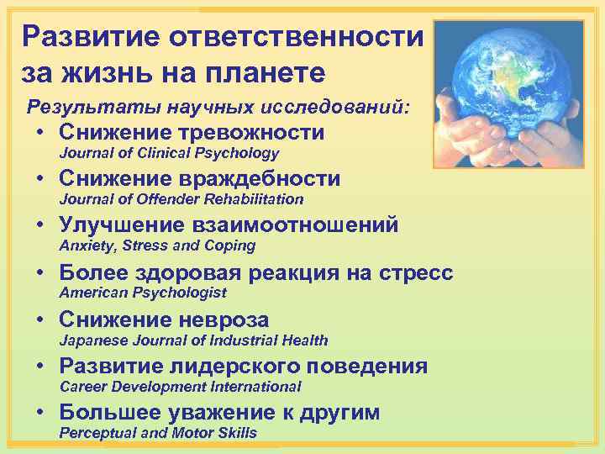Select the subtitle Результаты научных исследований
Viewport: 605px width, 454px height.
[x=219, y=108]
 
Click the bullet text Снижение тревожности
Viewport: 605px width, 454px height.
[x=192, y=132]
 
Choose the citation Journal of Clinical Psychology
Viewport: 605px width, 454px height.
[x=168, y=153]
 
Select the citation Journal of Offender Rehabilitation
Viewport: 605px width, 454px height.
[x=181, y=199]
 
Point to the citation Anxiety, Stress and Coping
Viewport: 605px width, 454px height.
[x=156, y=246]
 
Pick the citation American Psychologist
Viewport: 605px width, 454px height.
[x=142, y=293]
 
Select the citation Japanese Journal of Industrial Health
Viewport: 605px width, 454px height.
[x=193, y=340]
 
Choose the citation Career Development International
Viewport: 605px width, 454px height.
[x=180, y=388]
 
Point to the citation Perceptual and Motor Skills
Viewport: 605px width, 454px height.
[x=157, y=433]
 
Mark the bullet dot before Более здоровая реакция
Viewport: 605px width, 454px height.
[x=41, y=273]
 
